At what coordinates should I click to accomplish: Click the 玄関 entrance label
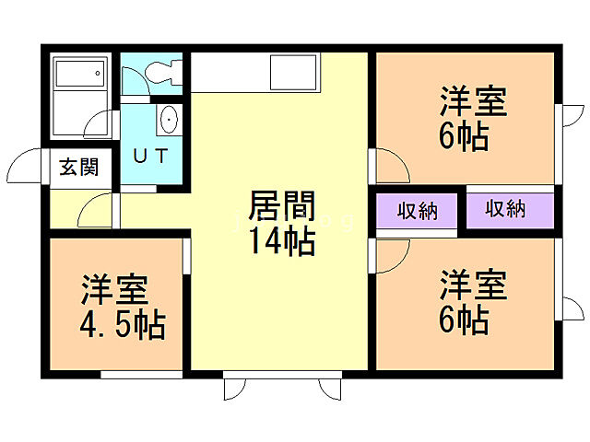click(x=79, y=168)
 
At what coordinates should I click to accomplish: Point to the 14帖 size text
click(x=281, y=242)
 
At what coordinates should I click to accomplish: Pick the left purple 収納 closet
click(x=418, y=210)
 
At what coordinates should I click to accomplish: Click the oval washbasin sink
click(x=169, y=120)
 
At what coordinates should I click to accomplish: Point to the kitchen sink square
click(x=294, y=71)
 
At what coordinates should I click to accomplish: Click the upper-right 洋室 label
click(x=473, y=100)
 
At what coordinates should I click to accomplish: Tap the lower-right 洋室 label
click(x=473, y=283)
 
